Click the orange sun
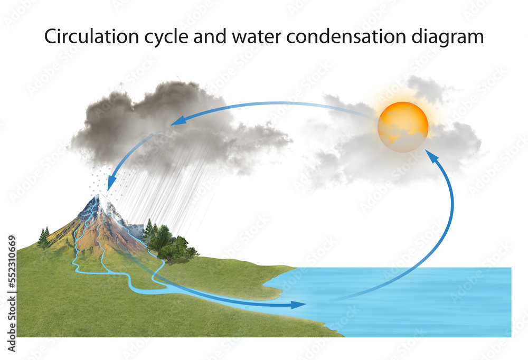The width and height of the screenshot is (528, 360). [403, 127]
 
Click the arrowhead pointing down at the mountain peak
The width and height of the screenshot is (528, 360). [110, 185]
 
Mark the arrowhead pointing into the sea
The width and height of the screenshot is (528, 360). [299, 305]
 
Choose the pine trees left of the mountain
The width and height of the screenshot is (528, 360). [44, 238]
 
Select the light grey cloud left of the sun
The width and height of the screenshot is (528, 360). [338, 137]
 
